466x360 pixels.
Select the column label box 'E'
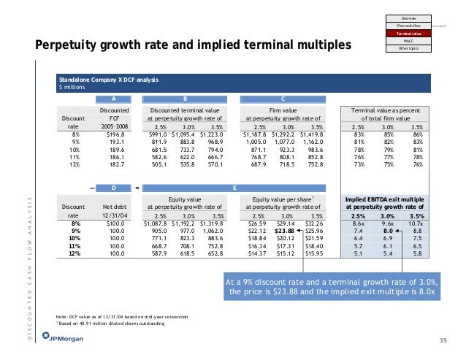coord(234,188)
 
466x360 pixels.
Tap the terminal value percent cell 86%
coord(417,134)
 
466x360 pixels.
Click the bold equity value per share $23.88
coord(285,231)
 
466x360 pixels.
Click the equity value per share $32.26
coord(312,223)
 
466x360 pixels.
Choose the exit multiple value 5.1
coord(359,255)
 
